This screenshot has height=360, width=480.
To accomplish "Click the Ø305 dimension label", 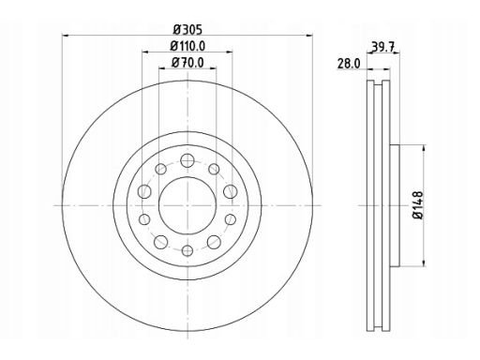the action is point(187,30).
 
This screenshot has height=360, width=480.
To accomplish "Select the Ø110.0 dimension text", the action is point(187,46).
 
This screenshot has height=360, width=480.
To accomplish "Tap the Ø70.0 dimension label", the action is point(187,63).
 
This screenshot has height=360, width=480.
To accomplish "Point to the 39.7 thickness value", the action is point(383,47).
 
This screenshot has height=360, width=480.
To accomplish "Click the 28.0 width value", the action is point(349,64).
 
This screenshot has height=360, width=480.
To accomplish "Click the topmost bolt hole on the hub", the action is point(187,160).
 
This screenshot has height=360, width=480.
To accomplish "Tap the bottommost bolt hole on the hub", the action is point(187,250).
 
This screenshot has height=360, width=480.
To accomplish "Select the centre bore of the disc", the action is point(187,205).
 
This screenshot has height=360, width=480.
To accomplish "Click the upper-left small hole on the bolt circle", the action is point(160,169).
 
